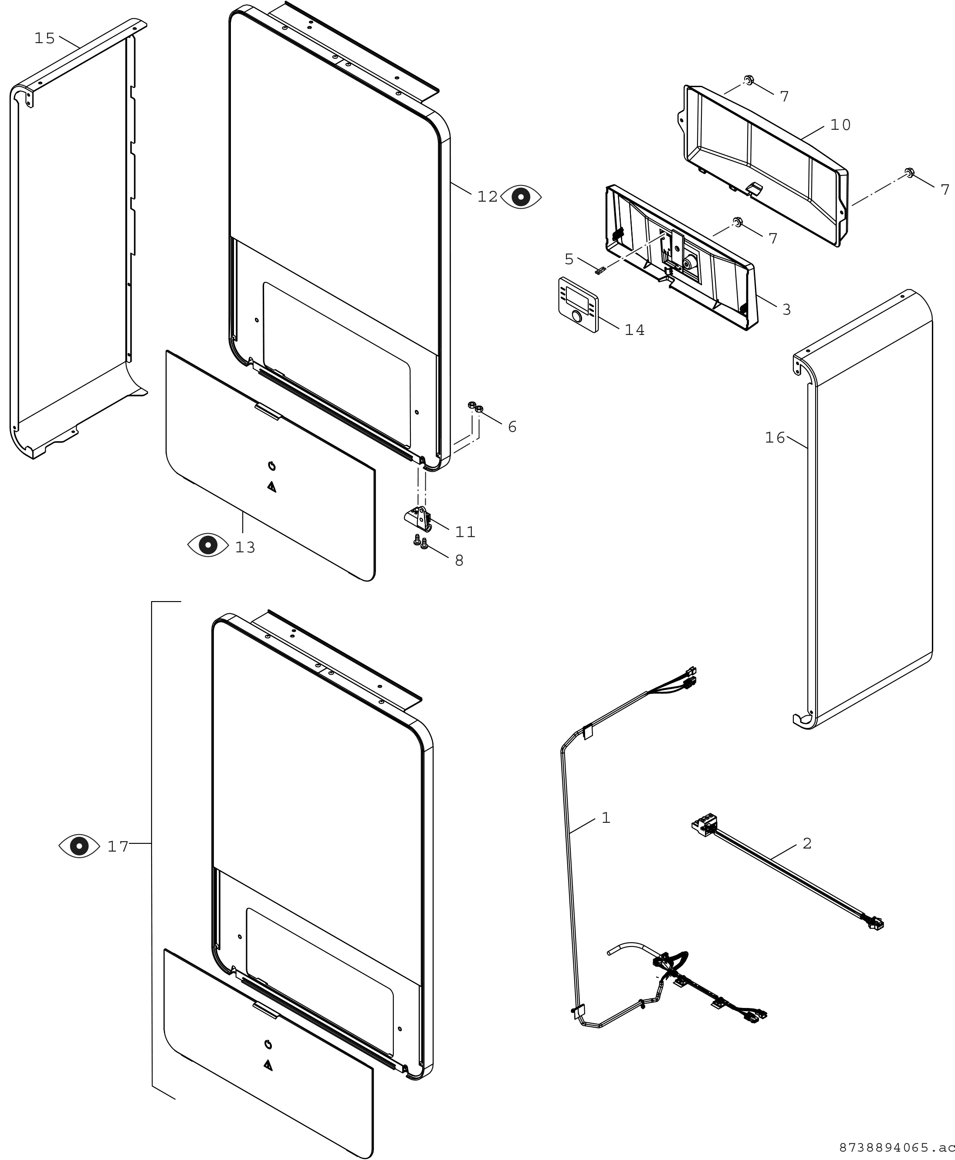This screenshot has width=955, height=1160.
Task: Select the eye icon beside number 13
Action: click(208, 544)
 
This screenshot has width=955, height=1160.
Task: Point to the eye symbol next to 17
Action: click(79, 846)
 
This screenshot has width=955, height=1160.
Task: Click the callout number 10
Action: click(840, 125)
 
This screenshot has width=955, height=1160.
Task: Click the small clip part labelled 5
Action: click(600, 270)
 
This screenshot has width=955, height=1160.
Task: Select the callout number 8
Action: click(459, 561)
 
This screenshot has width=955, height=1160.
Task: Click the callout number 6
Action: click(512, 427)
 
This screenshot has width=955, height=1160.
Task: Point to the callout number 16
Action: click(775, 437)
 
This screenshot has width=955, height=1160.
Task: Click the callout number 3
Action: click(787, 310)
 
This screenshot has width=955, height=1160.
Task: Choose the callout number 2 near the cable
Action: click(807, 843)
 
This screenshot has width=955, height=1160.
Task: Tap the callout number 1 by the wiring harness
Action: click(606, 818)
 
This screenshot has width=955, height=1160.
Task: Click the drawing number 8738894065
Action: click(894, 1143)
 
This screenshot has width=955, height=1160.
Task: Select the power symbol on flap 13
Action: click(271, 467)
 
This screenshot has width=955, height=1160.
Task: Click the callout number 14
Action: click(634, 330)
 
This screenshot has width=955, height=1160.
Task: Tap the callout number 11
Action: click(465, 532)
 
